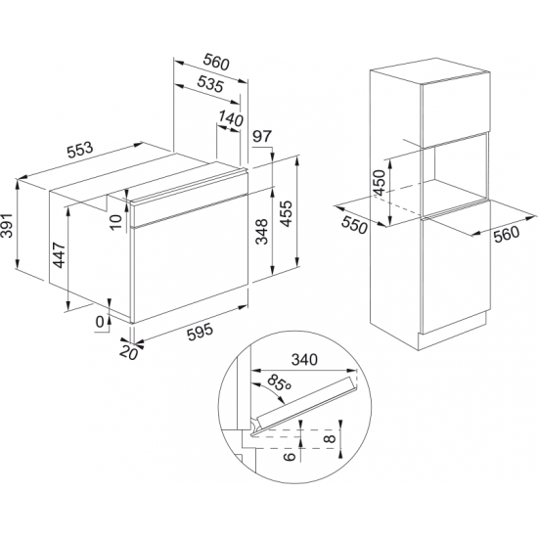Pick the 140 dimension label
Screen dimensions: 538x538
click(x=230, y=119)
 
